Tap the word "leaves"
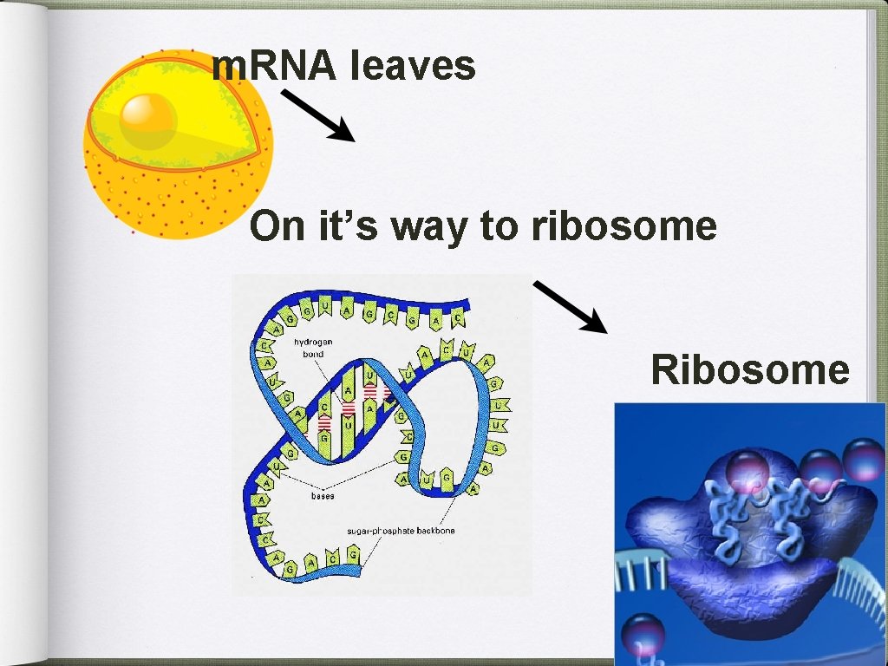coord(414,66)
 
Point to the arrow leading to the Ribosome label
coord(570,306)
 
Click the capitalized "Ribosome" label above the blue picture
coord(750,369)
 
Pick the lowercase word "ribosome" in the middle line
coord(624,227)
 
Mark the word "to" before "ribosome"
coord(498,227)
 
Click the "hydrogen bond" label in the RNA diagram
coord(312,348)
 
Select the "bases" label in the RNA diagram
coord(323,496)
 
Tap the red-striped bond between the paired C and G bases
coord(324,422)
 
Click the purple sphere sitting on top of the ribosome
coord(747,472)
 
